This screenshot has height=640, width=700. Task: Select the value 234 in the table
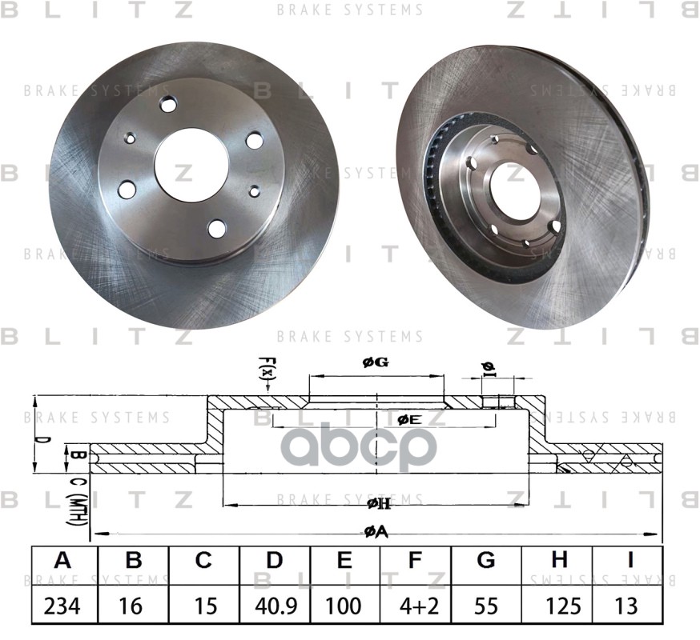point(64,606)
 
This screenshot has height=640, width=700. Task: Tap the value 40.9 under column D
point(275,606)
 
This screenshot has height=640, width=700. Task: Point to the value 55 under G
point(486,606)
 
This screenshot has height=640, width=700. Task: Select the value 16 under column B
point(134,606)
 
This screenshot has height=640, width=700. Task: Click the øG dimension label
point(375,363)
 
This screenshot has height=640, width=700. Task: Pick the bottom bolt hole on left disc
point(217,228)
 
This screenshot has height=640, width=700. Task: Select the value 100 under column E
point(345,606)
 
